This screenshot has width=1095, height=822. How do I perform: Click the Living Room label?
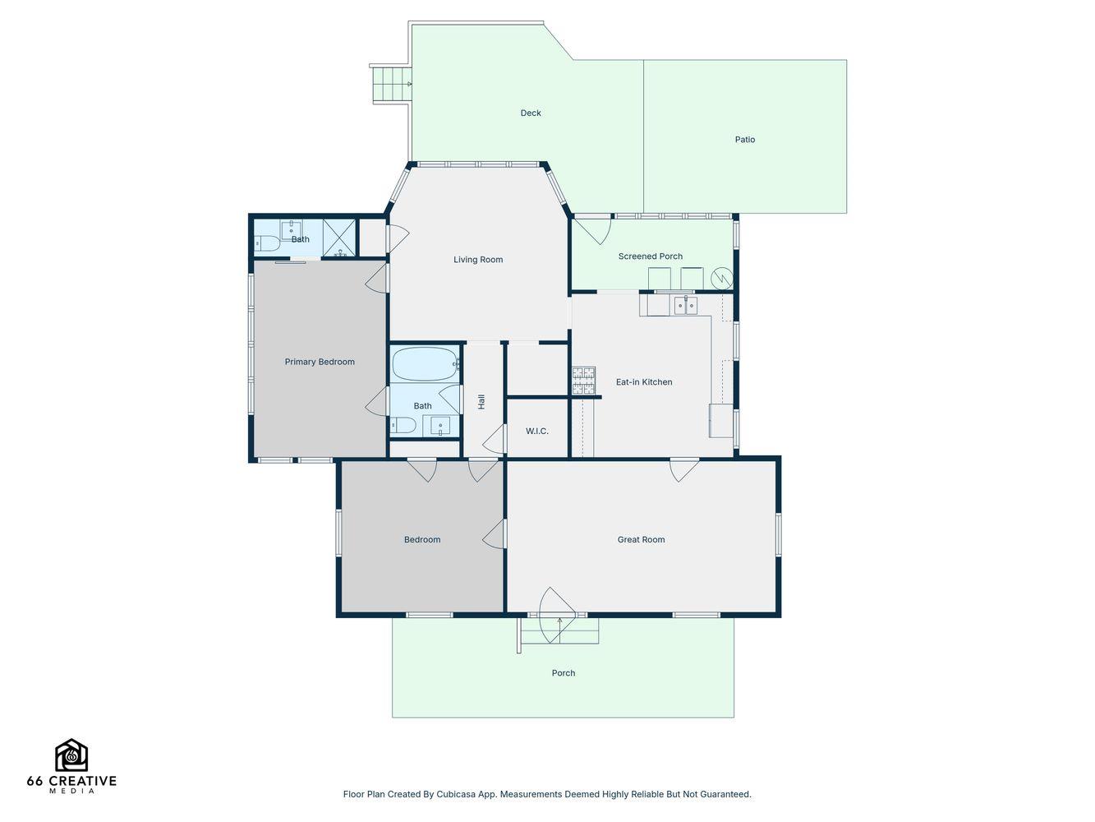point(477,260)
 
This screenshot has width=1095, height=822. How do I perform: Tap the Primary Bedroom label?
point(320,362)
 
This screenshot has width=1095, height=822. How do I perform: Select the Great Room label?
point(641,539)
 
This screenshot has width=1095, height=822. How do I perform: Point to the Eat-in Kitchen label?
point(643,381)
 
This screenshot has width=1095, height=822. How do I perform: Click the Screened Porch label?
point(650,256)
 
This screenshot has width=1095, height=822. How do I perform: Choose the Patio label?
point(744,139)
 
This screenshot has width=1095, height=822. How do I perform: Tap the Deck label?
point(531,113)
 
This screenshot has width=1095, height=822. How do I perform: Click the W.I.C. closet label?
point(536,431)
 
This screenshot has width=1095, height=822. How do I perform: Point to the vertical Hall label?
point(481,401)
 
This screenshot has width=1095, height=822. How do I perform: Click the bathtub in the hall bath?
point(425,364)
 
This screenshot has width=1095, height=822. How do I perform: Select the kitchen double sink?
point(685,305)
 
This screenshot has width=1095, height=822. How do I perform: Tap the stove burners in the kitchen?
point(583,381)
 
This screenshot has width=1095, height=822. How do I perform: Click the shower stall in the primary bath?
point(339,238)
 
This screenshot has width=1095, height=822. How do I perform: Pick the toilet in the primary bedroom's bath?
point(267,243)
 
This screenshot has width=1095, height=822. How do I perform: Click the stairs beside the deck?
point(392,85)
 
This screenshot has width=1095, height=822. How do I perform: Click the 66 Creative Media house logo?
point(71,755)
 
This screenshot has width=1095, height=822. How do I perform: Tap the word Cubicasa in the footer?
point(455,794)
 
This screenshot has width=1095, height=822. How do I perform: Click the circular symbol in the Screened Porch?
point(722,278)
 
